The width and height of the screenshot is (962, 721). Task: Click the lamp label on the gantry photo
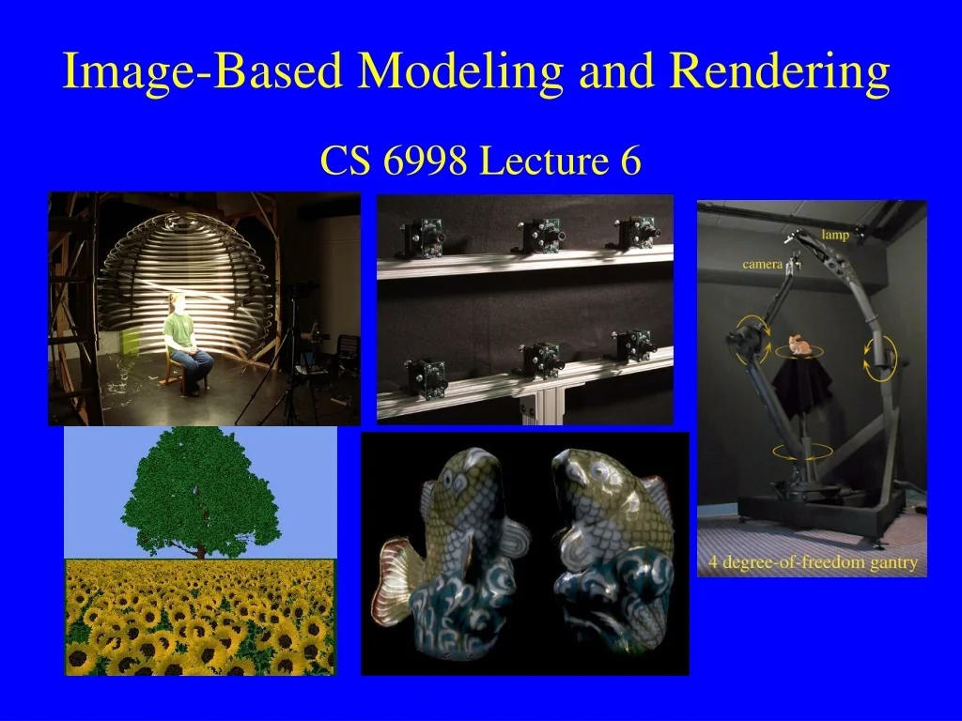[834, 235]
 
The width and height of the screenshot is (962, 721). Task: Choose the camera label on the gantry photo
[762, 265]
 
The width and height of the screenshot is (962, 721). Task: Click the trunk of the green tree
[200, 549]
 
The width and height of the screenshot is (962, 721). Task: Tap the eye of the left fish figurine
[454, 478]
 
